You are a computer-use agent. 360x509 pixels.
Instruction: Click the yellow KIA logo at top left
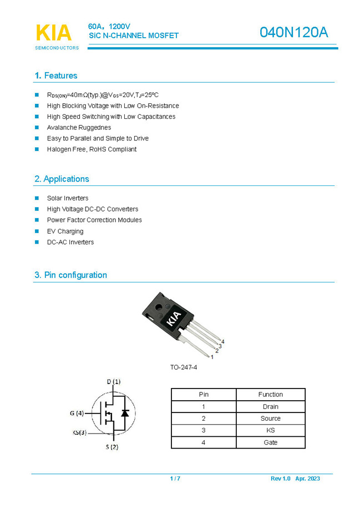pyautogui.click(x=54, y=33)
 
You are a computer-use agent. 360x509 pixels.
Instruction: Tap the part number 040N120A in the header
pyautogui.click(x=293, y=33)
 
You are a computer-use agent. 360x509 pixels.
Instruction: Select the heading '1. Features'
pyautogui.click(x=56, y=75)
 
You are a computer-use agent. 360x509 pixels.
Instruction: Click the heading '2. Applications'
pyautogui.click(x=62, y=179)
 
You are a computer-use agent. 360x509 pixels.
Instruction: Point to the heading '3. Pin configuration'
pyautogui.click(x=70, y=275)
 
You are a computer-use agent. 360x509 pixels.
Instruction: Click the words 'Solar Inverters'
pyautogui.click(x=68, y=198)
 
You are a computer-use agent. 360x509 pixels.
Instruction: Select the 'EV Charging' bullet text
pyautogui.click(x=65, y=231)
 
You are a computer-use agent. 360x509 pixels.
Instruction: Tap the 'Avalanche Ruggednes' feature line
pyautogui.click(x=79, y=128)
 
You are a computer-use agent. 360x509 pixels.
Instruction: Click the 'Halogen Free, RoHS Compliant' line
pyautogui.click(x=92, y=149)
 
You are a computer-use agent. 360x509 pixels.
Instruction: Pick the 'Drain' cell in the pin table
pyautogui.click(x=270, y=407)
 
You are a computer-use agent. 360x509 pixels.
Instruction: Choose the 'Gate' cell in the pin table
pyautogui.click(x=270, y=442)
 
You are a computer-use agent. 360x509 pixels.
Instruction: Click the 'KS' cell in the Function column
pyautogui.click(x=270, y=430)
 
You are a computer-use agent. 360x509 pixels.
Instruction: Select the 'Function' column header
pyautogui.click(x=270, y=395)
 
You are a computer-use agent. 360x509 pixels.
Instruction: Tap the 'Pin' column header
pyautogui.click(x=204, y=395)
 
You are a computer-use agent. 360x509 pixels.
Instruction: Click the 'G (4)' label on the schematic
pyautogui.click(x=77, y=413)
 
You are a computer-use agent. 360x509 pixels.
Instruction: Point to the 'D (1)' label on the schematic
pyautogui.click(x=113, y=381)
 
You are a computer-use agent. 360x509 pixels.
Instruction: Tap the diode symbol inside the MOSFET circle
pyautogui.click(x=125, y=413)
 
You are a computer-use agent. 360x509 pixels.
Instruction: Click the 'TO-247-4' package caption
pyautogui.click(x=184, y=367)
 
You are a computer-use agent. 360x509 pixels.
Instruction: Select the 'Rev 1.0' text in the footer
pyautogui.click(x=280, y=478)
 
